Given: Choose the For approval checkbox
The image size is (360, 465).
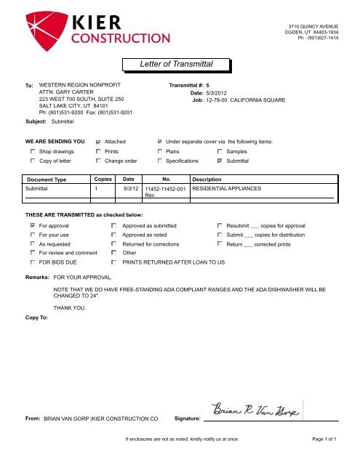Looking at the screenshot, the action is coord(33,226).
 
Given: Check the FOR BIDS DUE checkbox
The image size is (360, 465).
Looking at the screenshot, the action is coord(33,262).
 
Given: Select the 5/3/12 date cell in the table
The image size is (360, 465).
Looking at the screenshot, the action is coord(130,188).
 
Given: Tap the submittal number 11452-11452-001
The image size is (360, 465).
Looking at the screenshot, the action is coord(166,189).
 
